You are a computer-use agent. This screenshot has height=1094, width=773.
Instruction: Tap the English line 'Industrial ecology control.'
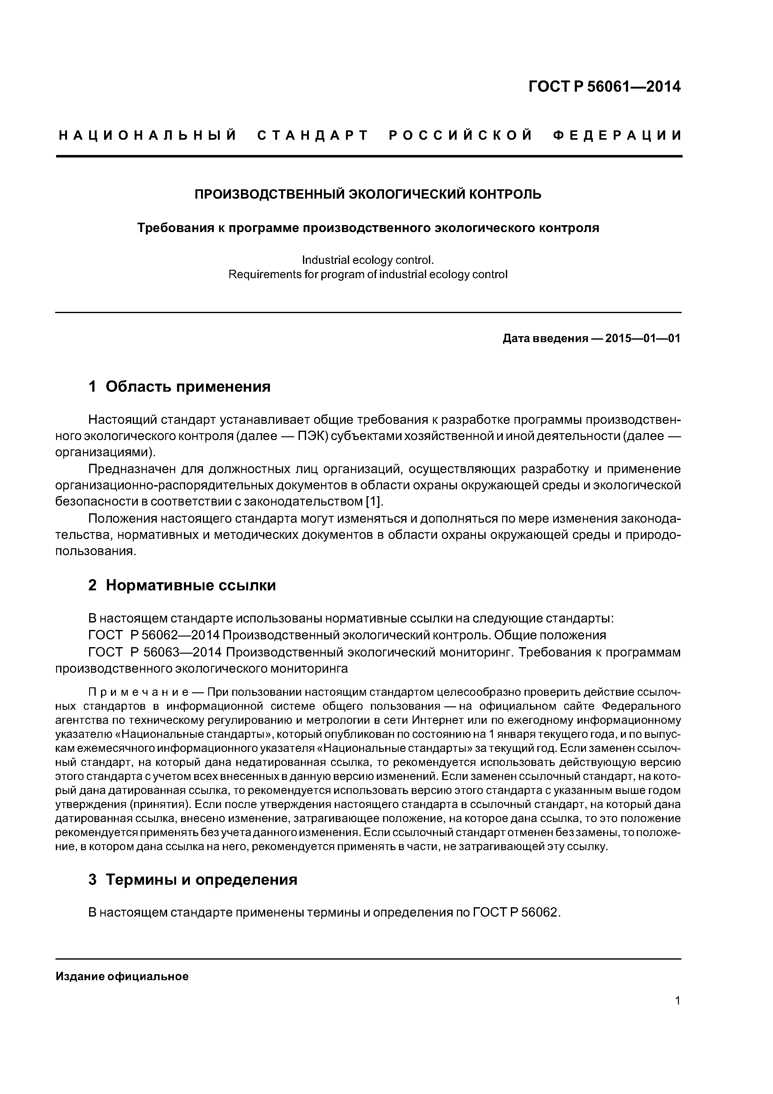pos(368,260)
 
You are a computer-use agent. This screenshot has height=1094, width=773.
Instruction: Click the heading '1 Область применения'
pos(180,386)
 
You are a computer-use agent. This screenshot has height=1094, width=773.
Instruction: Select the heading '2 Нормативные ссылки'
pos(182,585)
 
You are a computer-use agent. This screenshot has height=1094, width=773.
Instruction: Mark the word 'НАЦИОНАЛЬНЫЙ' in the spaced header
pos(148,136)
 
